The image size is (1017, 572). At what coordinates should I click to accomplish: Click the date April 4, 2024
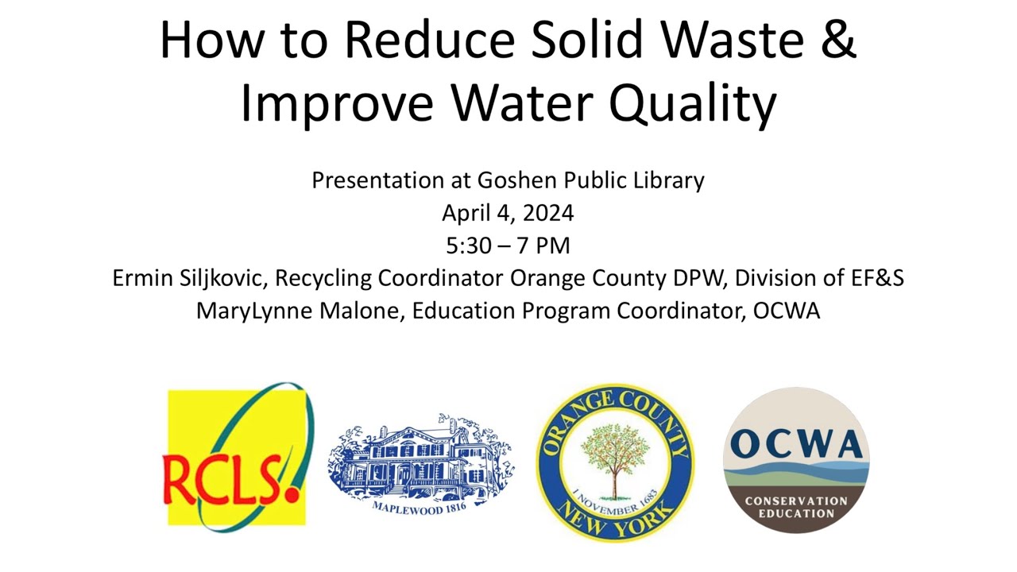point(508,214)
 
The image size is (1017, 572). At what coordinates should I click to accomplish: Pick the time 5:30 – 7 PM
point(508,246)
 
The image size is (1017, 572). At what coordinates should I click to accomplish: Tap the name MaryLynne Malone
point(300,311)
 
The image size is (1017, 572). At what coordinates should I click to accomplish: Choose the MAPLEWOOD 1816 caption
point(419,505)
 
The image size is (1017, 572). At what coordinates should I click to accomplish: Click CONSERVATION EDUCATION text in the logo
point(796,507)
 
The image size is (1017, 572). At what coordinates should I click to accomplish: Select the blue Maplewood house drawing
point(420,459)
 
